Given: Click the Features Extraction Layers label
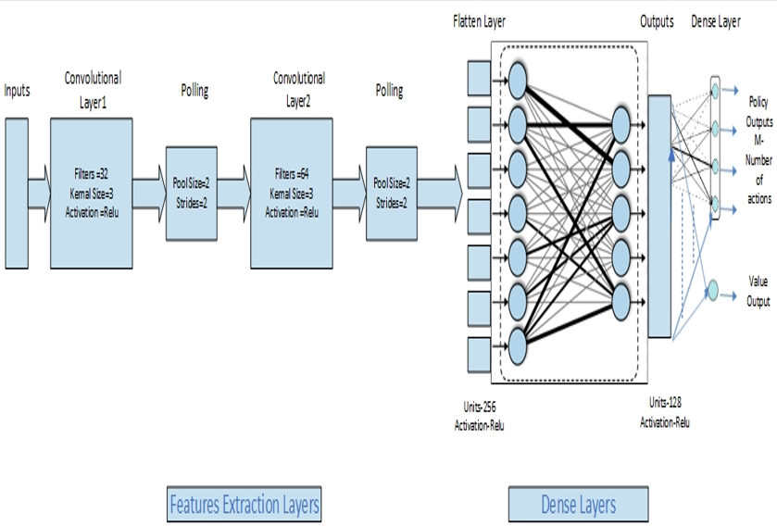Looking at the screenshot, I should (244, 505).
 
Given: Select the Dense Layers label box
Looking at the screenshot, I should (579, 505).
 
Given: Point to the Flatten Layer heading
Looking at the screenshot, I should (480, 20).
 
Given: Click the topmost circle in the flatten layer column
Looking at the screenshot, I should (517, 81).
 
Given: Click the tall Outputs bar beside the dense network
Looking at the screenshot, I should (659, 215).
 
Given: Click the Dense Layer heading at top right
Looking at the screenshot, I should (715, 21).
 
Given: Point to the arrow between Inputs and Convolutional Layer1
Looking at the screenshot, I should (39, 180).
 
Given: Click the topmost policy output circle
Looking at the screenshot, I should (714, 90).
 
